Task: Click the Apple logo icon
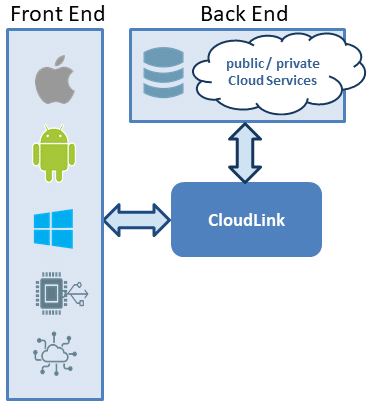pyautogui.click(x=55, y=80)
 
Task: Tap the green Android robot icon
pyautogui.click(x=54, y=153)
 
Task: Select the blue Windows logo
pyautogui.click(x=53, y=229)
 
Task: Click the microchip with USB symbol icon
pyautogui.click(x=62, y=294)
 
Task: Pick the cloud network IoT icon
pyautogui.click(x=55, y=354)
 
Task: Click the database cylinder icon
pyautogui.click(x=163, y=72)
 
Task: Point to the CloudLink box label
pyautogui.click(x=246, y=220)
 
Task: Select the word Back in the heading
pyautogui.click(x=223, y=14)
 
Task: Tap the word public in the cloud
pyautogui.click(x=245, y=64)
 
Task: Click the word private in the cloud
pyautogui.click(x=298, y=64)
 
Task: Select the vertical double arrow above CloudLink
pyautogui.click(x=245, y=153)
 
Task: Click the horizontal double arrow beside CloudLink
pyautogui.click(x=137, y=220)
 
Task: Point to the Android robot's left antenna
pyautogui.click(x=46, y=128)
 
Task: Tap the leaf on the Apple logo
pyautogui.click(x=59, y=61)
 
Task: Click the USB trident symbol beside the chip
pyautogui.click(x=78, y=294)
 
